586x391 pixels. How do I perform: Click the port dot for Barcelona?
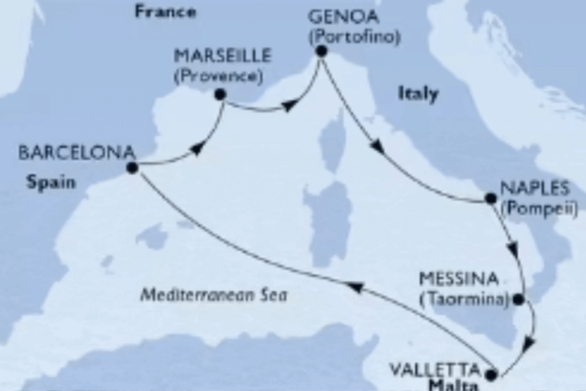tap(132, 167)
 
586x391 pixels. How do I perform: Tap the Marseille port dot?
tap(221, 95)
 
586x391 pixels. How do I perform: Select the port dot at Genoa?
tap(321, 51)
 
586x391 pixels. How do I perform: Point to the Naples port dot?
tap(491, 199)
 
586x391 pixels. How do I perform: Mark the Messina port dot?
tap(519, 300)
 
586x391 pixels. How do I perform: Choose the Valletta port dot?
tap(492, 374)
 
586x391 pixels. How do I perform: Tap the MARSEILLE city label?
tap(222, 57)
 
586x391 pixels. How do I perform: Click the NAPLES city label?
tap(534, 187)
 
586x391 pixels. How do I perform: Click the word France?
tap(165, 11)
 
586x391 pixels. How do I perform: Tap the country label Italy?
tap(418, 94)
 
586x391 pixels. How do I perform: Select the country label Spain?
tap(51, 182)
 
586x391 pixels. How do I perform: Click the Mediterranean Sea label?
tap(214, 295)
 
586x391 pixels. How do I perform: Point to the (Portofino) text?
tap(354, 36)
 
